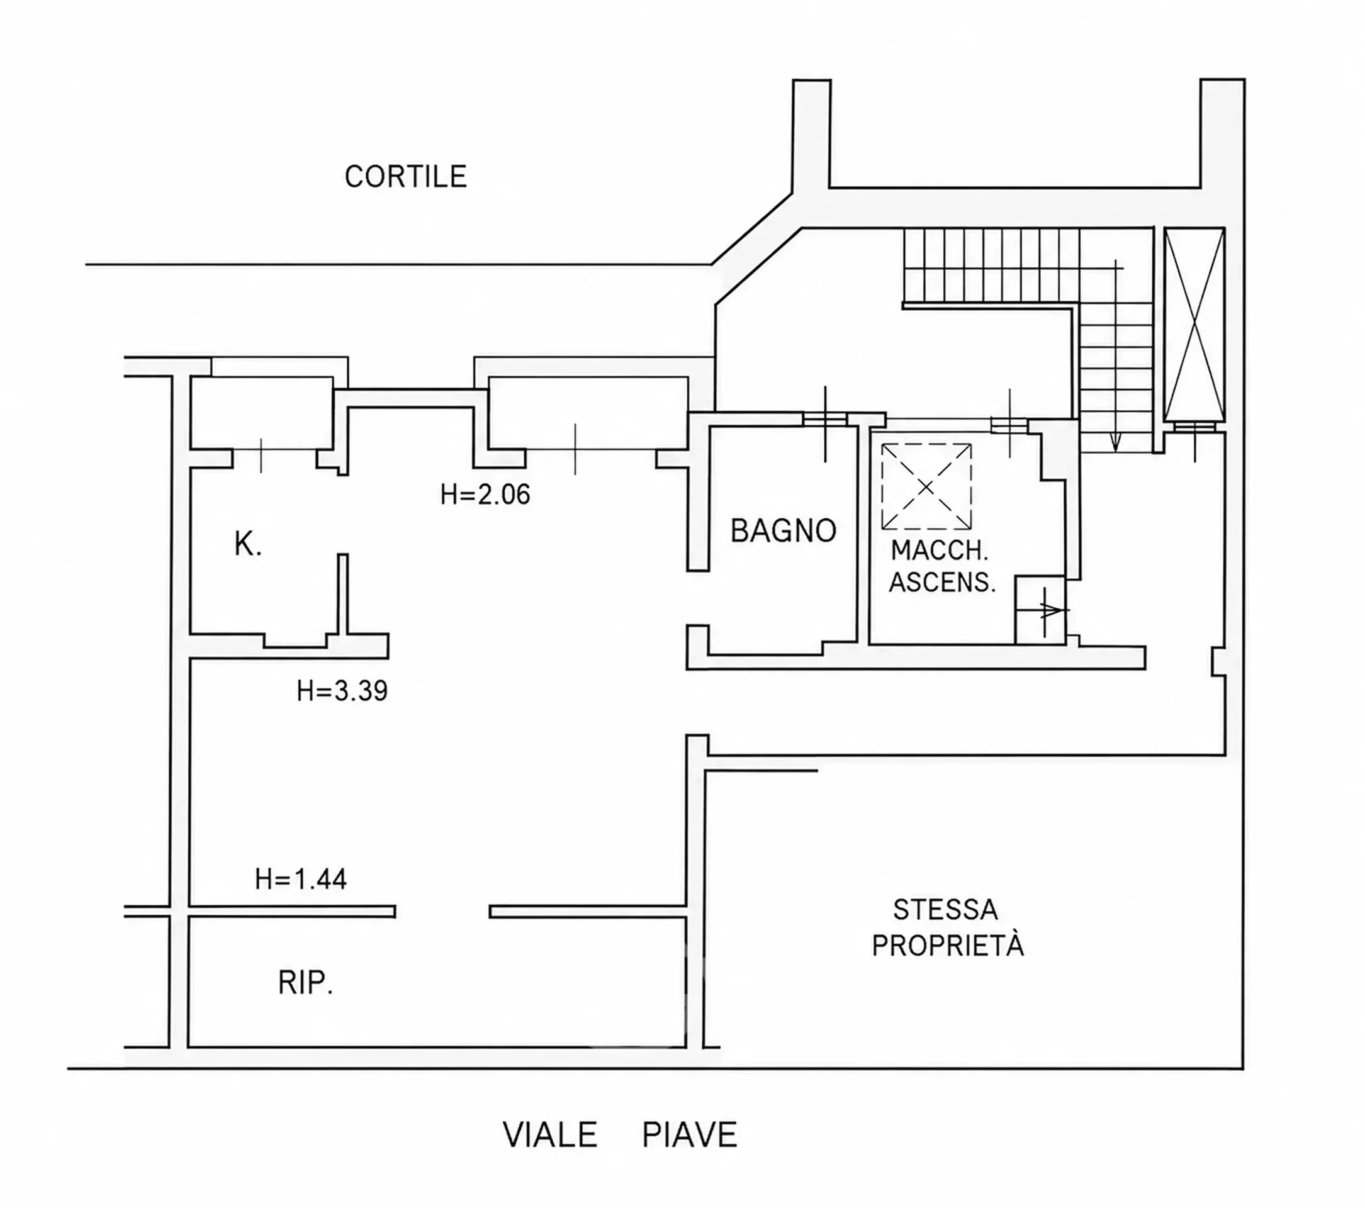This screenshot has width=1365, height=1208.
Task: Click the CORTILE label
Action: click(405, 177)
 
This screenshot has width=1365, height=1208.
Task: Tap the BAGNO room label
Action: click(784, 531)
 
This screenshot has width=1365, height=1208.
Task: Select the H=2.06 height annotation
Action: click(485, 495)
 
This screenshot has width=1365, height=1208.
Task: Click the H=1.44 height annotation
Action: click(301, 880)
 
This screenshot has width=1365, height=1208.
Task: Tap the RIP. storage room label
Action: click(305, 983)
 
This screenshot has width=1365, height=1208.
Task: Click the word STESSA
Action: click(946, 910)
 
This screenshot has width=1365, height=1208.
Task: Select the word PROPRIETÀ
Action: click(948, 945)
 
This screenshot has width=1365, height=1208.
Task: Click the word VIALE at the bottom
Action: click(550, 1135)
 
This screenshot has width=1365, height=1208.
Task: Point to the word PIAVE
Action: click(690, 1135)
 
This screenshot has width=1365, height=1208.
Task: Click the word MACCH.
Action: click(940, 551)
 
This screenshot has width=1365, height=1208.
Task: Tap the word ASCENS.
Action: click(942, 583)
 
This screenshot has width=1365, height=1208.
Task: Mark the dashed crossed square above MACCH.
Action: click(926, 486)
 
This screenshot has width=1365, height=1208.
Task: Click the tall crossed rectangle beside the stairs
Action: click(1194, 325)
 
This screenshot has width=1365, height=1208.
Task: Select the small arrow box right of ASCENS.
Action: click(1040, 610)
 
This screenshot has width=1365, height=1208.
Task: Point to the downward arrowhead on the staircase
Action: click(1115, 442)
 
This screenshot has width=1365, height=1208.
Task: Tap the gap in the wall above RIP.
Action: click(442, 912)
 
